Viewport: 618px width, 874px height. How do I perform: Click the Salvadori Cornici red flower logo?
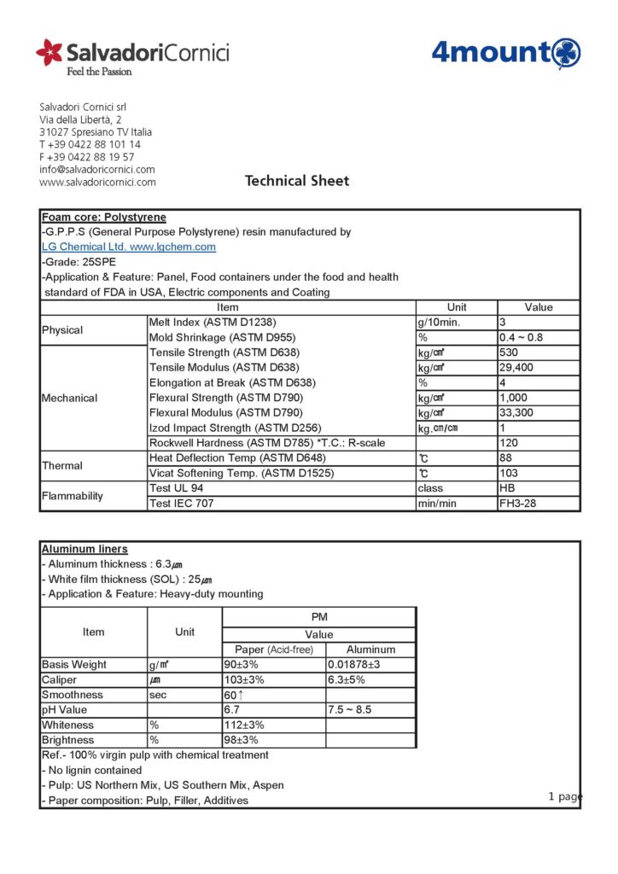tap(49, 52)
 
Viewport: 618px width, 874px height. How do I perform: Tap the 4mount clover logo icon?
tap(566, 52)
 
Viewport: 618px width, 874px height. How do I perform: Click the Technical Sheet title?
tap(297, 181)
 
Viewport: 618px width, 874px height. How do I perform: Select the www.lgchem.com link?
tap(172, 247)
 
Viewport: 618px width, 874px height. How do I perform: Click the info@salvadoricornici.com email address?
tap(97, 169)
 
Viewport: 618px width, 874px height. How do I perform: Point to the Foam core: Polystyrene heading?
tap(103, 218)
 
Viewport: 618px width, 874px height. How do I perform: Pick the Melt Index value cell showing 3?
tap(503, 322)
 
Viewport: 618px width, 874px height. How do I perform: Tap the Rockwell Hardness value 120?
tap(509, 443)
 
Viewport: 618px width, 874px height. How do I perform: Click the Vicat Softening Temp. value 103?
tap(509, 473)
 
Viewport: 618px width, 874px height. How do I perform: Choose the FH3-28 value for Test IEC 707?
tap(517, 503)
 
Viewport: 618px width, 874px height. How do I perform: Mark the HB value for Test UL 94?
tap(507, 488)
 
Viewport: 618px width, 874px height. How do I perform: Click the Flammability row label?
tap(73, 496)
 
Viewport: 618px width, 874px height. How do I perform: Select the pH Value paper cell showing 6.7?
tap(231, 710)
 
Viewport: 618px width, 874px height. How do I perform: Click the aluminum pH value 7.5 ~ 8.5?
tap(350, 710)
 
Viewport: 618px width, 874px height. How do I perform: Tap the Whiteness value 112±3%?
tap(244, 725)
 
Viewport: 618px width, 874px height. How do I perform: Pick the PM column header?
tap(318, 617)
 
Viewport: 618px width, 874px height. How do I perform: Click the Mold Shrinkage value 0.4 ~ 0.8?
tap(521, 337)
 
